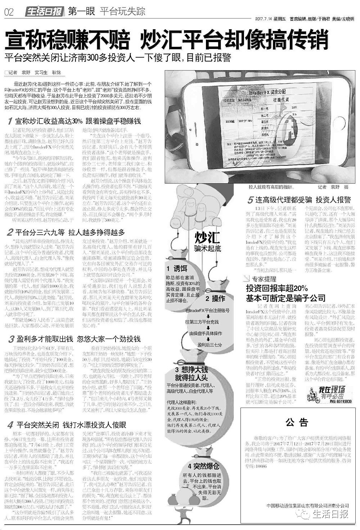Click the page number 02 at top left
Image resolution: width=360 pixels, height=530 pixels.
[9, 12]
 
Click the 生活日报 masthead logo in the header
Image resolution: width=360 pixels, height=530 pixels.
[45, 12]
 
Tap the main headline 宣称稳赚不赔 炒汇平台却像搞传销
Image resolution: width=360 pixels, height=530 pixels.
[166, 40]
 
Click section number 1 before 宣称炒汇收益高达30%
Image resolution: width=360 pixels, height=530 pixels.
[10, 121]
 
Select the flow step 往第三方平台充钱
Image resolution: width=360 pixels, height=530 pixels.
[207, 322]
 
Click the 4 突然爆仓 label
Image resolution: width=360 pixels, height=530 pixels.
[203, 466]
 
